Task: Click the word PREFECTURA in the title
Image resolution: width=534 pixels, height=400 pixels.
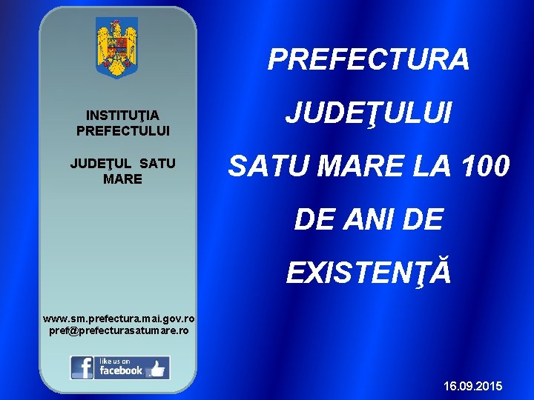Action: click(x=369, y=60)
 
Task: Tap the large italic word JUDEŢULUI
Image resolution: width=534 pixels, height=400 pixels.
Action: click(x=369, y=113)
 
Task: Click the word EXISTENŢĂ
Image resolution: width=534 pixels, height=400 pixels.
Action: click(x=369, y=273)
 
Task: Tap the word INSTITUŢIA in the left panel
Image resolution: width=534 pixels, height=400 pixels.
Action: click(x=122, y=116)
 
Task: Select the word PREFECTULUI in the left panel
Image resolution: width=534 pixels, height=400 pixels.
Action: click(x=122, y=130)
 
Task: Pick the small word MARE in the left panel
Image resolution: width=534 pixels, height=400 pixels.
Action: click(x=122, y=179)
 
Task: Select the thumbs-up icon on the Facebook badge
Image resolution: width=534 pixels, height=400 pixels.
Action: click(x=157, y=368)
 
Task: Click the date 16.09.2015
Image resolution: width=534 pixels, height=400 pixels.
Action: click(x=472, y=387)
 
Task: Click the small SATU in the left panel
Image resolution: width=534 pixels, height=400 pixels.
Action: click(x=158, y=164)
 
